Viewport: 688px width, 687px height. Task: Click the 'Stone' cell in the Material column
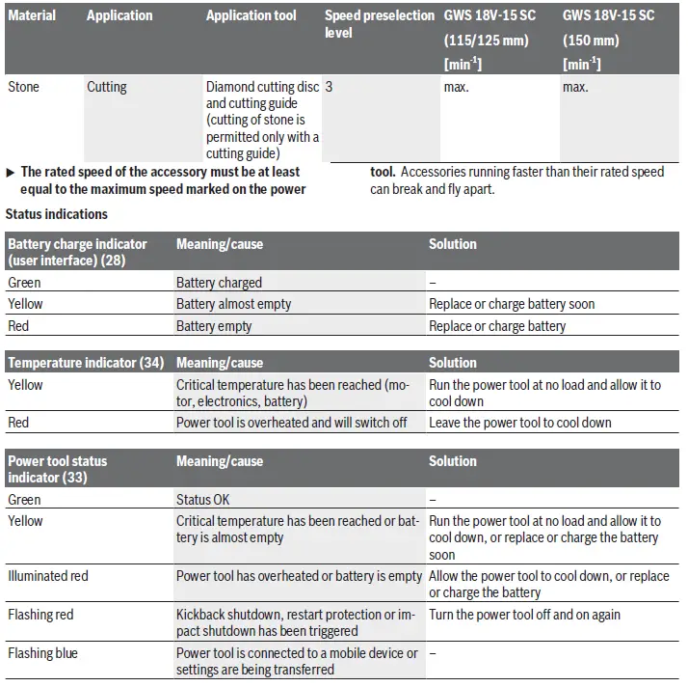pyautogui.click(x=24, y=87)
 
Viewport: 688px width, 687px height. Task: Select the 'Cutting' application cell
pyautogui.click(x=107, y=87)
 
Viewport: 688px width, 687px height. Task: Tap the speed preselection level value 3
pyautogui.click(x=330, y=87)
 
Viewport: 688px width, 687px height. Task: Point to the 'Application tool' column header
pyautogui.click(x=252, y=15)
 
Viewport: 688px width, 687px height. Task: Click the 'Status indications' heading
pyautogui.click(x=57, y=213)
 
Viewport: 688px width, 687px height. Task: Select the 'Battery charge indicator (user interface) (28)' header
pyautogui.click(x=78, y=252)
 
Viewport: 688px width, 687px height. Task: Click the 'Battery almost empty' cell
pyautogui.click(x=233, y=304)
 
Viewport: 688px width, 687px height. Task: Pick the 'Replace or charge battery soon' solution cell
pyautogui.click(x=512, y=304)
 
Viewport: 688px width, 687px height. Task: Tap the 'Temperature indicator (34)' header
pyautogui.click(x=85, y=363)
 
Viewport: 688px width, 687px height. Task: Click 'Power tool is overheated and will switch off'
pyautogui.click(x=291, y=423)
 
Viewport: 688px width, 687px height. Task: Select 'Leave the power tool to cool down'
pyautogui.click(x=520, y=423)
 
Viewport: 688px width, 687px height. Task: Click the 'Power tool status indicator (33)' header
pyautogui.click(x=58, y=469)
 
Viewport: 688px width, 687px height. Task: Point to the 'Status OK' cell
pyautogui.click(x=202, y=500)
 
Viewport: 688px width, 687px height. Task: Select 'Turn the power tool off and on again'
pyautogui.click(x=525, y=615)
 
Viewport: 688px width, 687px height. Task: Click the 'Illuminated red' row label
pyautogui.click(x=47, y=576)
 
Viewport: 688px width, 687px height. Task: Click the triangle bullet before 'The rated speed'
pyautogui.click(x=11, y=172)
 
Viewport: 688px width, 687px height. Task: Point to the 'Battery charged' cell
pyautogui.click(x=219, y=283)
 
